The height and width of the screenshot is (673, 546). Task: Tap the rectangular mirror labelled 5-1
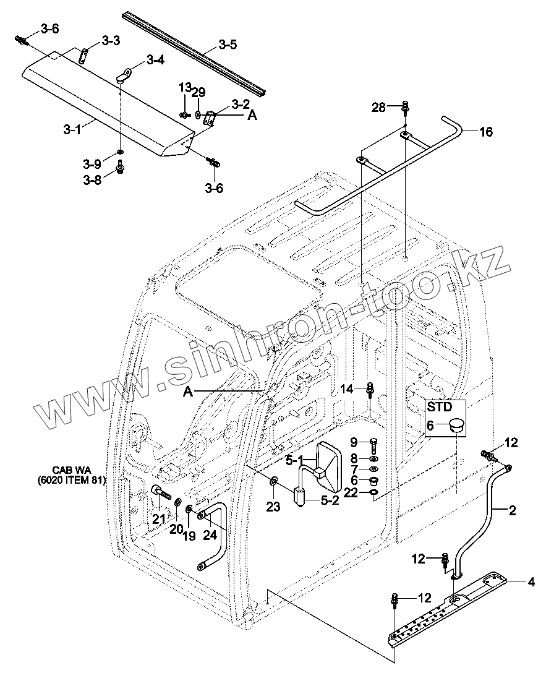(328, 468)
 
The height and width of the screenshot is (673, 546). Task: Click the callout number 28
(379, 107)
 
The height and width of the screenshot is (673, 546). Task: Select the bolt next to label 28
(405, 107)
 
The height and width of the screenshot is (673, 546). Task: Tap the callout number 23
(273, 507)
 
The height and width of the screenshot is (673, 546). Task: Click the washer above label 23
(273, 479)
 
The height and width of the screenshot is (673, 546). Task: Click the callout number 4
(531, 583)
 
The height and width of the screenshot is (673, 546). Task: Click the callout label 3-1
(72, 129)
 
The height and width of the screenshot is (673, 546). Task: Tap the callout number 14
(346, 389)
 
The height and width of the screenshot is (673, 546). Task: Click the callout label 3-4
(155, 59)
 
